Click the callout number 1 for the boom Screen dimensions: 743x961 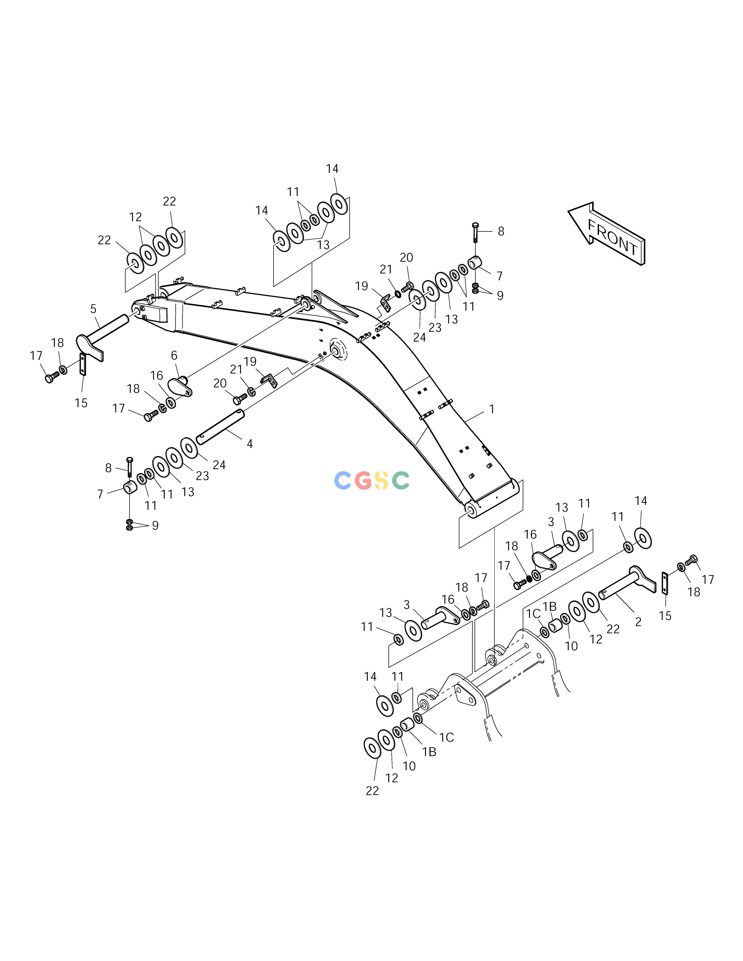click(492, 409)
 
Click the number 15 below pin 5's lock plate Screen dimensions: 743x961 click(81, 403)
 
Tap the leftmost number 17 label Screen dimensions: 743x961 click(36, 356)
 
